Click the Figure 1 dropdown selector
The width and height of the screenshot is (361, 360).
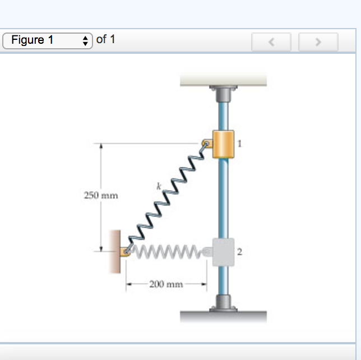[x=48, y=41]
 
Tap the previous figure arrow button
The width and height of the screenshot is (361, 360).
[x=271, y=42]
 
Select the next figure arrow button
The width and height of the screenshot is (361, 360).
[x=318, y=42]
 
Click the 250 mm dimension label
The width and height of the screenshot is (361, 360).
[x=101, y=195]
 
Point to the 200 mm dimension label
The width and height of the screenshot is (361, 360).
[x=166, y=284]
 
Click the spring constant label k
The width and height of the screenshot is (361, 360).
[x=159, y=186]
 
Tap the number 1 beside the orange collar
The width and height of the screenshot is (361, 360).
[x=239, y=144]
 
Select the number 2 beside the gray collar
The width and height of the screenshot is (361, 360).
[x=239, y=252]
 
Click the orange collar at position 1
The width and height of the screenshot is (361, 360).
[x=223, y=144]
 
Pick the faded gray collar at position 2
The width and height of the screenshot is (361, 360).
[x=223, y=252]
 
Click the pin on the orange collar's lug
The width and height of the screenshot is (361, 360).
[x=206, y=144]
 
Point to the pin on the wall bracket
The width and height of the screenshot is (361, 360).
[x=126, y=252]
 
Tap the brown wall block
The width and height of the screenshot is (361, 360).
[x=115, y=252]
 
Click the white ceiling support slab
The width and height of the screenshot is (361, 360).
[x=223, y=79]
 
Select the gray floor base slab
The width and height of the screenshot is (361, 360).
[x=223, y=317]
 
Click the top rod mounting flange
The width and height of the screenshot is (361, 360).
[x=223, y=94]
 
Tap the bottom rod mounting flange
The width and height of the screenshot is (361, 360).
[x=223, y=303]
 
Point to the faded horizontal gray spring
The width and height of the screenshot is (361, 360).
[x=168, y=252]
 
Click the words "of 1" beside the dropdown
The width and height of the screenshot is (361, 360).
[x=105, y=39]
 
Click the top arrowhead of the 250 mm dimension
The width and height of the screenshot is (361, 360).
[x=101, y=146]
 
